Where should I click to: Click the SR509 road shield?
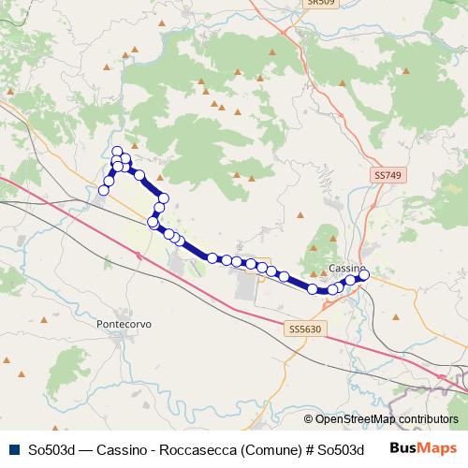click(x=321, y=3)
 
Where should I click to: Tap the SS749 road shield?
click(x=387, y=175)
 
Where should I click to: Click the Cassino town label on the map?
click(x=346, y=269)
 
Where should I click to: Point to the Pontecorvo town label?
click(x=124, y=324)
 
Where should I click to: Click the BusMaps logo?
click(x=424, y=448)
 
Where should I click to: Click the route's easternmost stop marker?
click(x=364, y=274)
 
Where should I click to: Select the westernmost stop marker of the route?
click(x=104, y=190)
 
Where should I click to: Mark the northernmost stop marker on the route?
click(x=117, y=152)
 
